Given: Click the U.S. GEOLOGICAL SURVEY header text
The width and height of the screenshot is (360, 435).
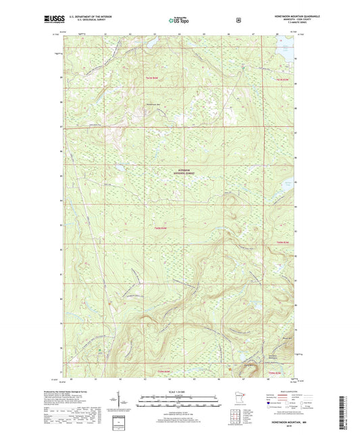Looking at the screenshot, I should point(83,20).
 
